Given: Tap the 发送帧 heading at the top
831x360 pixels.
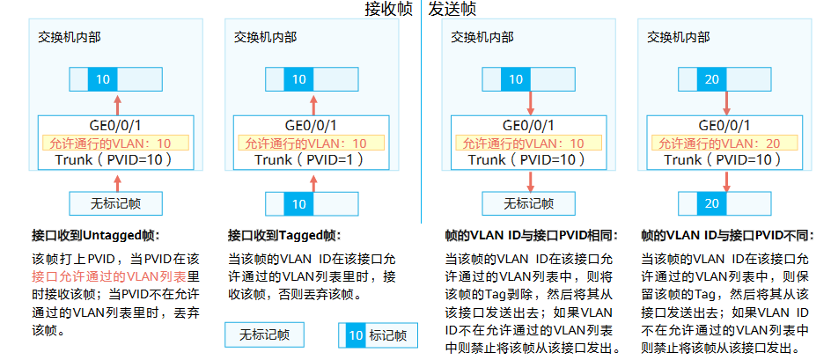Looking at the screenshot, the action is [452, 10].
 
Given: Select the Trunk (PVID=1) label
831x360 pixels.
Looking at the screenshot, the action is [311, 160].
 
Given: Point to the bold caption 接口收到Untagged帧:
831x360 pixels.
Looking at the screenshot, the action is [97, 236].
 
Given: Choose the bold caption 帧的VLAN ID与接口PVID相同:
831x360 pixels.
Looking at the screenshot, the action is [532, 236].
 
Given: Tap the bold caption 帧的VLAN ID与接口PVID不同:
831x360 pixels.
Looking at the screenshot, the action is [727, 236].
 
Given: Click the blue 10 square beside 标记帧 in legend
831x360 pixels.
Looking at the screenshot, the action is [355, 335].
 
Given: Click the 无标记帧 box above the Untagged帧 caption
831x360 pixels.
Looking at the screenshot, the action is [115, 203].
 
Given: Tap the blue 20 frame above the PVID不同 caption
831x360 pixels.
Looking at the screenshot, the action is [711, 203].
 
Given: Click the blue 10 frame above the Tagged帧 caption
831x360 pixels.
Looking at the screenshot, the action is [299, 203].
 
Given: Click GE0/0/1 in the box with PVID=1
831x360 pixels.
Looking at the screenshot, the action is [311, 126].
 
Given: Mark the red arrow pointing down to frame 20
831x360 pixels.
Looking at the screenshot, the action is [726, 181].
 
